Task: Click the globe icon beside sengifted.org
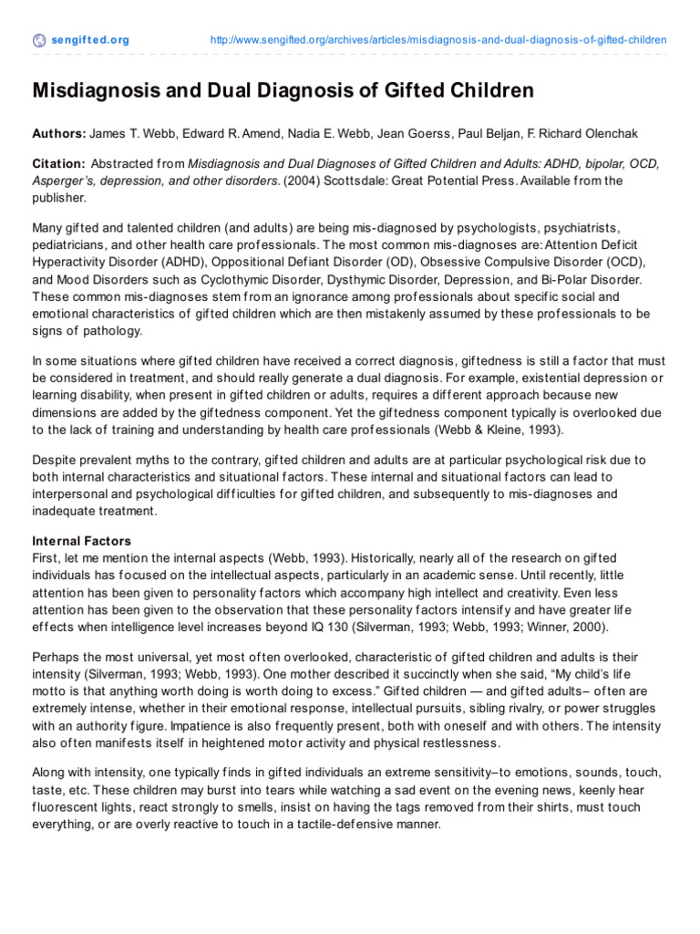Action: [38, 40]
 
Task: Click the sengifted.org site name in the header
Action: [89, 40]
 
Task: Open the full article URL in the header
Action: [438, 40]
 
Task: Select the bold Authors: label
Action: [59, 134]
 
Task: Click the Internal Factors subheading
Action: [82, 541]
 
